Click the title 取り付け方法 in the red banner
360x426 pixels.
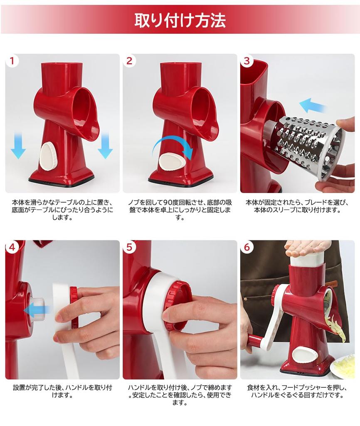tap(180, 20)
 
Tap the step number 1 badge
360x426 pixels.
tap(12, 61)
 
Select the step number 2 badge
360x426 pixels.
tap(129, 61)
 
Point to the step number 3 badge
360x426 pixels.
tap(247, 61)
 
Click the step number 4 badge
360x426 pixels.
tap(12, 247)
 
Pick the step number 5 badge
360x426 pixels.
tap(129, 247)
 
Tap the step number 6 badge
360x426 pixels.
tap(247, 247)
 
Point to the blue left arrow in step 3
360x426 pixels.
tap(312, 106)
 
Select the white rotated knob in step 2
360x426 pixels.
tap(172, 162)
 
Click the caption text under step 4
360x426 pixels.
tap(62, 391)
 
